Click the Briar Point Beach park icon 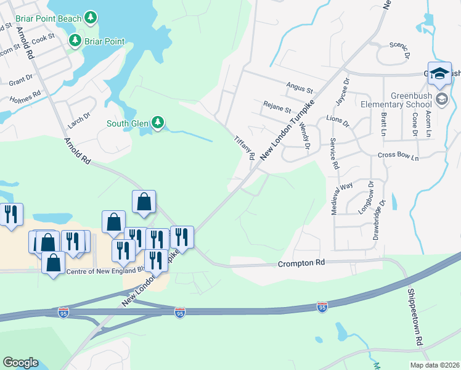pos(91,18)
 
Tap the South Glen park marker pos(158,123)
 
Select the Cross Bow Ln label pos(398,158)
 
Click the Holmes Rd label pos(25,96)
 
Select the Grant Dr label pos(21,80)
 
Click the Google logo pos(20,363)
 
